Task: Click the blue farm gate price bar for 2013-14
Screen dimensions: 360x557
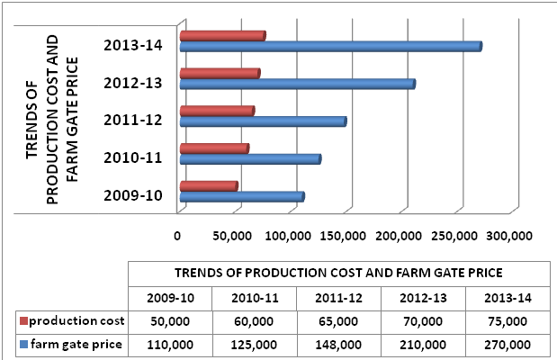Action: tap(330, 47)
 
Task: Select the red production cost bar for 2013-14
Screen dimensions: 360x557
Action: tap(222, 36)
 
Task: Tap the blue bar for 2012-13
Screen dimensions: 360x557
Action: tap(297, 85)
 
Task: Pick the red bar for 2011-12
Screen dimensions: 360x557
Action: tap(217, 112)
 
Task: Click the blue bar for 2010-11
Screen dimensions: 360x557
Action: tap(250, 159)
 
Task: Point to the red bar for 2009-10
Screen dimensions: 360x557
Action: tap(209, 186)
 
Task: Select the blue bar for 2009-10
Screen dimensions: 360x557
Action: tap(242, 197)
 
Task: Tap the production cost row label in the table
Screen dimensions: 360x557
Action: tap(75, 320)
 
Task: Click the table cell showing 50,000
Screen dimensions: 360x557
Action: tap(169, 320)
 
